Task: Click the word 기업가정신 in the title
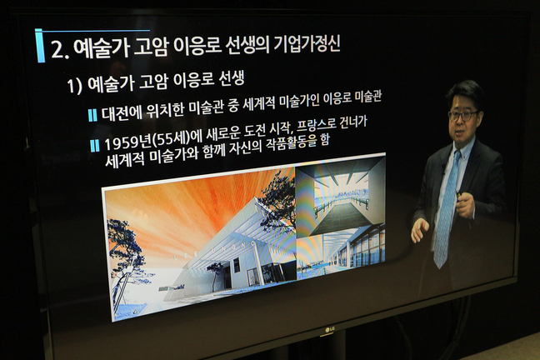pos(307,45)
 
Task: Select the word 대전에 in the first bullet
pos(122,112)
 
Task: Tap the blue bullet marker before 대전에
pos(92,115)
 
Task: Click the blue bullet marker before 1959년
pos(95,145)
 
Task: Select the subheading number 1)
pos(74,86)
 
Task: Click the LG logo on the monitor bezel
pos(329,330)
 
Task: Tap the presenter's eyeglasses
pos(462,116)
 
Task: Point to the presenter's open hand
pos(419,229)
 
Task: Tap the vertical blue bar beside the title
pos(40,46)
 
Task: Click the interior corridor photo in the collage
pos(340,199)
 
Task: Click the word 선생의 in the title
pos(247,47)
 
